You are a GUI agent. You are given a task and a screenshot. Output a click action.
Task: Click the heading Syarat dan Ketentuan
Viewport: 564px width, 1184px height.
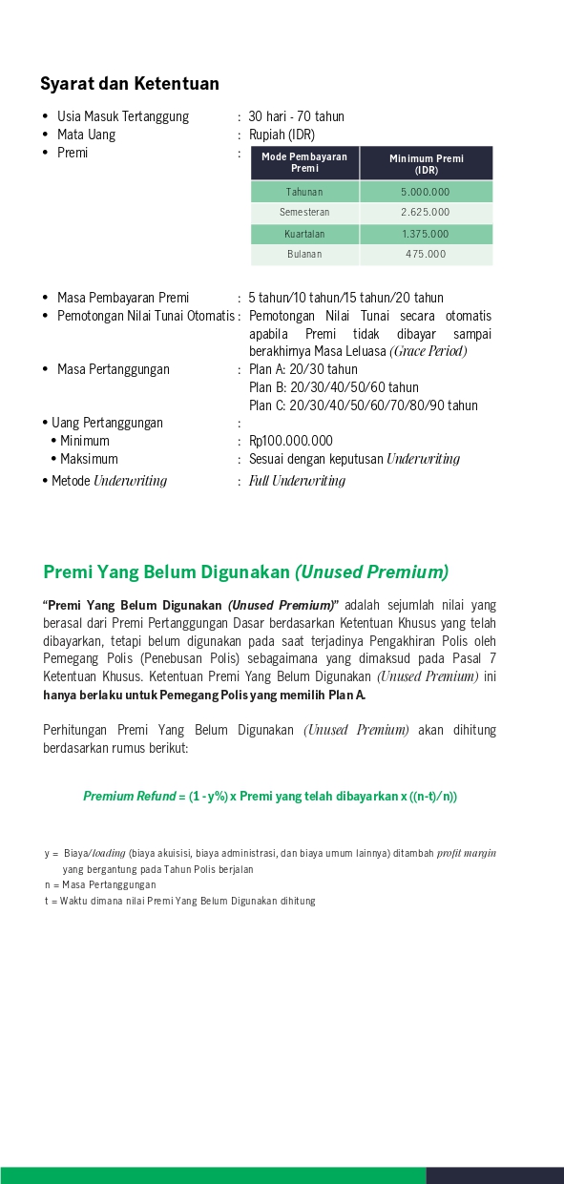pyautogui.click(x=130, y=84)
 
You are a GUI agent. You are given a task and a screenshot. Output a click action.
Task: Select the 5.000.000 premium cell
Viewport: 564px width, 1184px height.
pyautogui.click(x=426, y=192)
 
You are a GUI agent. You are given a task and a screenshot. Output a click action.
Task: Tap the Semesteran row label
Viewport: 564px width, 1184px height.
pyautogui.click(x=304, y=213)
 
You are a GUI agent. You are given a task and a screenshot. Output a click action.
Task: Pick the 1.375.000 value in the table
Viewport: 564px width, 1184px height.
pyautogui.click(x=426, y=234)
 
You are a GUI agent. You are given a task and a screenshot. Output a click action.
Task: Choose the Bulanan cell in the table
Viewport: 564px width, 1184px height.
pyautogui.click(x=304, y=255)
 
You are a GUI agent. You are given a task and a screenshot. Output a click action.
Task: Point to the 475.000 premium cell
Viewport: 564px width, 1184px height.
pyautogui.click(x=426, y=255)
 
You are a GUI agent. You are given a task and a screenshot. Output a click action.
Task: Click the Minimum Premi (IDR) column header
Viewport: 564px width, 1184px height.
pyautogui.click(x=426, y=163)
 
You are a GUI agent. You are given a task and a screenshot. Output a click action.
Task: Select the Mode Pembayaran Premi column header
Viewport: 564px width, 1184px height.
pyautogui.click(x=304, y=162)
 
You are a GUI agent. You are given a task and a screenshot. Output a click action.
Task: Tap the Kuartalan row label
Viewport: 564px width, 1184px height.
pyautogui.click(x=304, y=234)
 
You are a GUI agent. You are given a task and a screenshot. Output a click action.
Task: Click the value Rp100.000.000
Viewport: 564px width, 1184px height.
pyautogui.click(x=291, y=441)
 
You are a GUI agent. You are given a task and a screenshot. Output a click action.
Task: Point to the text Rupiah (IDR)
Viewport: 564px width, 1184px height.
pyautogui.click(x=282, y=135)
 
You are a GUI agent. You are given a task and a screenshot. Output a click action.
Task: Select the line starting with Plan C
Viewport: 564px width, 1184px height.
pyautogui.click(x=363, y=405)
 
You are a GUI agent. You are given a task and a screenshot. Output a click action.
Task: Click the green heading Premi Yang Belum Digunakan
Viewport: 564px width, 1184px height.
pyautogui.click(x=245, y=572)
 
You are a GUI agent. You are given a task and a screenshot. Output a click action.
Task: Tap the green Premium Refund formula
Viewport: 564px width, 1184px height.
pyautogui.click(x=270, y=796)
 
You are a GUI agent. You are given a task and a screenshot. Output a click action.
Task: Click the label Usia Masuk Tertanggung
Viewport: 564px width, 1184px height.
pyautogui.click(x=122, y=116)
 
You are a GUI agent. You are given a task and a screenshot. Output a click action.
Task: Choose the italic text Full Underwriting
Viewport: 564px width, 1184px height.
pyautogui.click(x=297, y=481)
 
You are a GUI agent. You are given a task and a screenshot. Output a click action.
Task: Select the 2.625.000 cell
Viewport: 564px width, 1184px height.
pyautogui.click(x=426, y=213)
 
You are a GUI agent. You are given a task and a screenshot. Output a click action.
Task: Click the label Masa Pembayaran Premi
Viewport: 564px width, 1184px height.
pyautogui.click(x=122, y=298)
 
